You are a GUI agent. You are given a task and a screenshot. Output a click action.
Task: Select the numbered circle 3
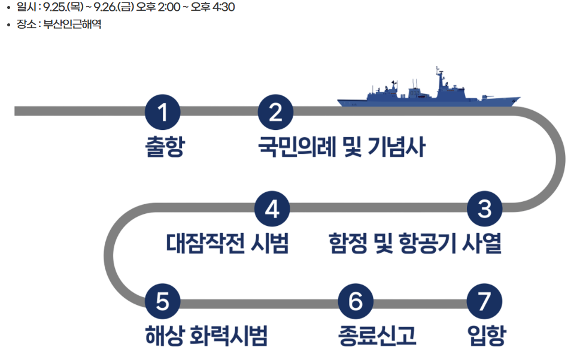pyautogui.click(x=484, y=209)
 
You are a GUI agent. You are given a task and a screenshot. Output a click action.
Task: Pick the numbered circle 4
pyautogui.click(x=272, y=209)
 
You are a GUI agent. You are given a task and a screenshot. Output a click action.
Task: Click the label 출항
pyautogui.click(x=164, y=147)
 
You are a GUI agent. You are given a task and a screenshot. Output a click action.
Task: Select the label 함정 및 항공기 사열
pyautogui.click(x=415, y=244)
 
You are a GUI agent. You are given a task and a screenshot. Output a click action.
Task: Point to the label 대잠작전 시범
pyautogui.click(x=227, y=244)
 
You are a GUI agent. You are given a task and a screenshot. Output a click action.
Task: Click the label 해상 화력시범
pyautogui.click(x=206, y=336)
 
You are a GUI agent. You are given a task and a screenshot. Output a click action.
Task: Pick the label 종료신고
pyautogui.click(x=377, y=336)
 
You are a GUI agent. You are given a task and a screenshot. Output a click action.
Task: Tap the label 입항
pyautogui.click(x=486, y=336)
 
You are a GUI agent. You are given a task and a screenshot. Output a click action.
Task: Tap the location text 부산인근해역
pyautogui.click(x=72, y=25)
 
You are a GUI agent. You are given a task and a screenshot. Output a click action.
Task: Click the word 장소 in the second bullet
pyautogui.click(x=26, y=25)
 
